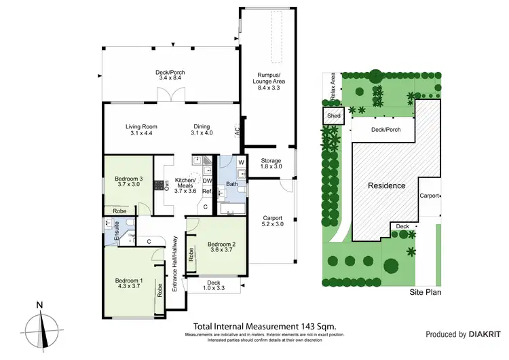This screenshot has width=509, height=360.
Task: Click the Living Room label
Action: [x=141, y=130]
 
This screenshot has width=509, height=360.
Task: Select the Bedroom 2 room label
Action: [x=220, y=248]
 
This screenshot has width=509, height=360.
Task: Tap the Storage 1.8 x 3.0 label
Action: [x=271, y=164]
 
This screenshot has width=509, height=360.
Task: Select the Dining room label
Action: [x=202, y=130]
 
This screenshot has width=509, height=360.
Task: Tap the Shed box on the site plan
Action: [x=334, y=116]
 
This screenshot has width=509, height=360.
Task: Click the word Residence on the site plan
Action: [x=387, y=185]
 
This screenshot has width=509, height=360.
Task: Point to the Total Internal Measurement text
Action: [x=265, y=325]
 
